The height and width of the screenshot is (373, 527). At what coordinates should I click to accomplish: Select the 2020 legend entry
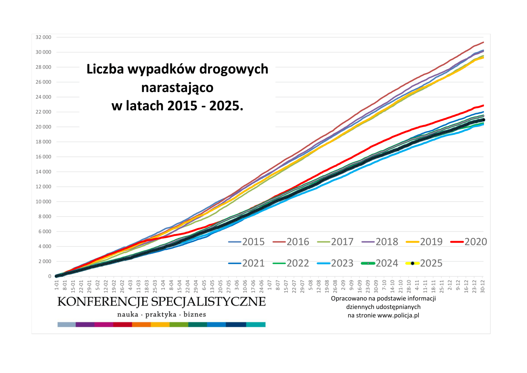pyautogui.click(x=469, y=242)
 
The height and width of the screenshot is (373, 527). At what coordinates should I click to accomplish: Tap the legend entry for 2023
pyautogui.click(x=335, y=263)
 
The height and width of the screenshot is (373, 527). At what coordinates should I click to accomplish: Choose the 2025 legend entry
pyautogui.click(x=424, y=263)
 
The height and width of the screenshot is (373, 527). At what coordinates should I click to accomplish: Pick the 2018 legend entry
pyautogui.click(x=380, y=242)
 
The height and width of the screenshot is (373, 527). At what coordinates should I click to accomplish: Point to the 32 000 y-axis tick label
pyautogui.click(x=43, y=37)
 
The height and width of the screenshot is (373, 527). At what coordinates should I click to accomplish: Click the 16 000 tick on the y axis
pyautogui.click(x=43, y=157)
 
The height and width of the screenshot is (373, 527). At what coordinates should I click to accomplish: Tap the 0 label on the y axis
pyautogui.click(x=50, y=276)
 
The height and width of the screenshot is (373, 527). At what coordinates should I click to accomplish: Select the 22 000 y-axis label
pyautogui.click(x=43, y=112)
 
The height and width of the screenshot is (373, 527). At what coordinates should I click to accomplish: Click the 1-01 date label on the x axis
pyautogui.click(x=57, y=285)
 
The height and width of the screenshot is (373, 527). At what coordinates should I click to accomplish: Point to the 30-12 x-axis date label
pyautogui.click(x=483, y=286)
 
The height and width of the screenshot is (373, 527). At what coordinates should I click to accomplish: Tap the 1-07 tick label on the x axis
pyautogui.click(x=270, y=285)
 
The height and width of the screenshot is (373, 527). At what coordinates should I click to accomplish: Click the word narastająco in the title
pyautogui.click(x=177, y=88)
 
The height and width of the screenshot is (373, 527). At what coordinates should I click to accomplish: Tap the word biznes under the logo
pyautogui.click(x=195, y=314)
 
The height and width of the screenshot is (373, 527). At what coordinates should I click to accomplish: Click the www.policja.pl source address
pyautogui.click(x=398, y=315)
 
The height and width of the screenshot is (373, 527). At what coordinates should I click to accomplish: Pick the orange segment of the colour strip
pyautogui.click(x=141, y=324)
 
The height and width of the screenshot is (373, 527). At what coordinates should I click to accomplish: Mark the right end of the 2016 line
pyautogui.click(x=483, y=42)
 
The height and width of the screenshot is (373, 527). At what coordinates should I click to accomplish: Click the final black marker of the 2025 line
pyautogui.click(x=483, y=120)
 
